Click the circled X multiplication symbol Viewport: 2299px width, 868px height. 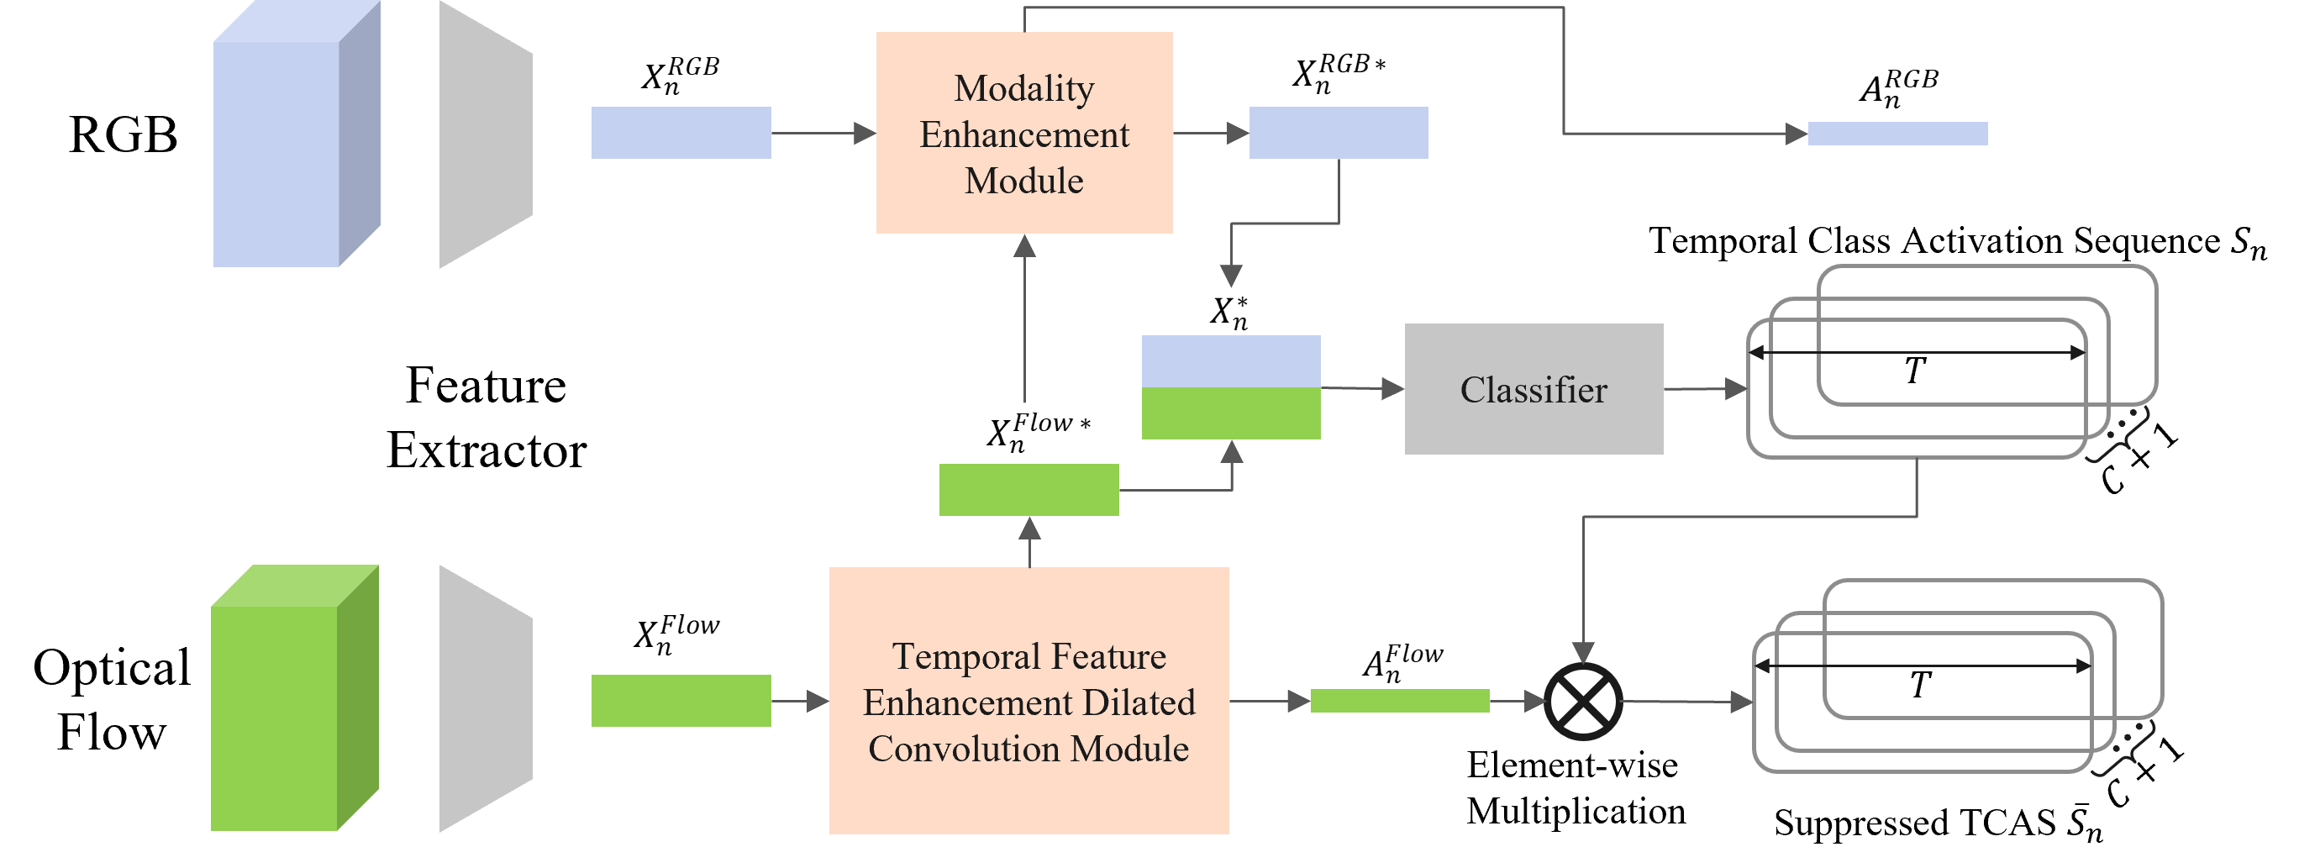tap(1582, 701)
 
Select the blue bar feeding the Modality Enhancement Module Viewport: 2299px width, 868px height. tap(681, 133)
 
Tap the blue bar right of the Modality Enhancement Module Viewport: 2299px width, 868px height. tap(1338, 133)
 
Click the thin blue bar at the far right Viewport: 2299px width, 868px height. tap(1897, 134)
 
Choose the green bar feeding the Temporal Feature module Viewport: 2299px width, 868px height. tap(681, 701)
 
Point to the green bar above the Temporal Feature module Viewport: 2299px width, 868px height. tap(1028, 490)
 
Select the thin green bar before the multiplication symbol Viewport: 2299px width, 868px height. tap(1399, 701)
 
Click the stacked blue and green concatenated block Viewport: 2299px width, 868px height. tap(1231, 387)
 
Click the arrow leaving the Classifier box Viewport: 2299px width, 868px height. tap(1705, 389)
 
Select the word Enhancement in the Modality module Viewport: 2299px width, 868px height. tap(1023, 134)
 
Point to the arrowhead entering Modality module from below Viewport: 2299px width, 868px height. tap(1024, 246)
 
